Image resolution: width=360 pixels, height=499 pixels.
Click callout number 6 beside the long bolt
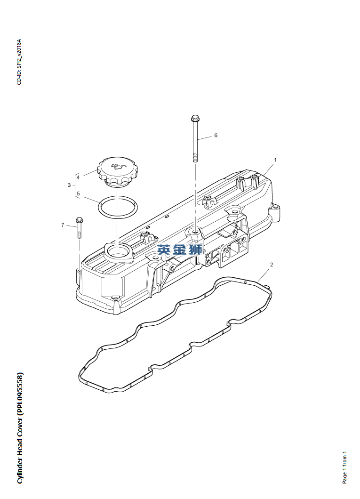pyautogui.click(x=216, y=135)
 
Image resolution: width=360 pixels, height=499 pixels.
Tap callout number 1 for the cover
pyautogui.click(x=275, y=160)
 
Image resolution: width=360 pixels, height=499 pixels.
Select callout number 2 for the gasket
pyautogui.click(x=271, y=264)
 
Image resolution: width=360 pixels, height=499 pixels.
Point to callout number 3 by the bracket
pyautogui.click(x=69, y=185)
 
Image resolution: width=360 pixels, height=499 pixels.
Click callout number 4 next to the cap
pyautogui.click(x=78, y=177)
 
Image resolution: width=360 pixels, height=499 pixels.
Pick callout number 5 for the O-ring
pyautogui.click(x=78, y=193)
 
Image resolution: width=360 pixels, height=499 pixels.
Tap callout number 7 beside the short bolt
pyautogui.click(x=63, y=225)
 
